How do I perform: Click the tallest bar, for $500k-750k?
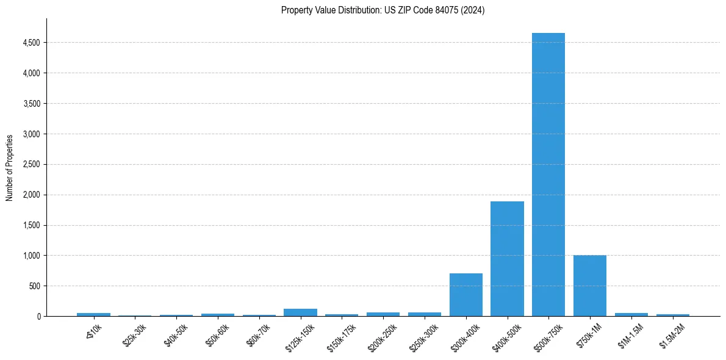pos(548,175)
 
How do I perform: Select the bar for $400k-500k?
pos(507,259)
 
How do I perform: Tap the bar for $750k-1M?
pos(590,286)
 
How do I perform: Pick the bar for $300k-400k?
pos(466,295)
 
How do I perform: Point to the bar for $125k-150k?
pos(300,312)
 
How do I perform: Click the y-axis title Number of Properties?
pos(10,168)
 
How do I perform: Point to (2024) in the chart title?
pos(473,10)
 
